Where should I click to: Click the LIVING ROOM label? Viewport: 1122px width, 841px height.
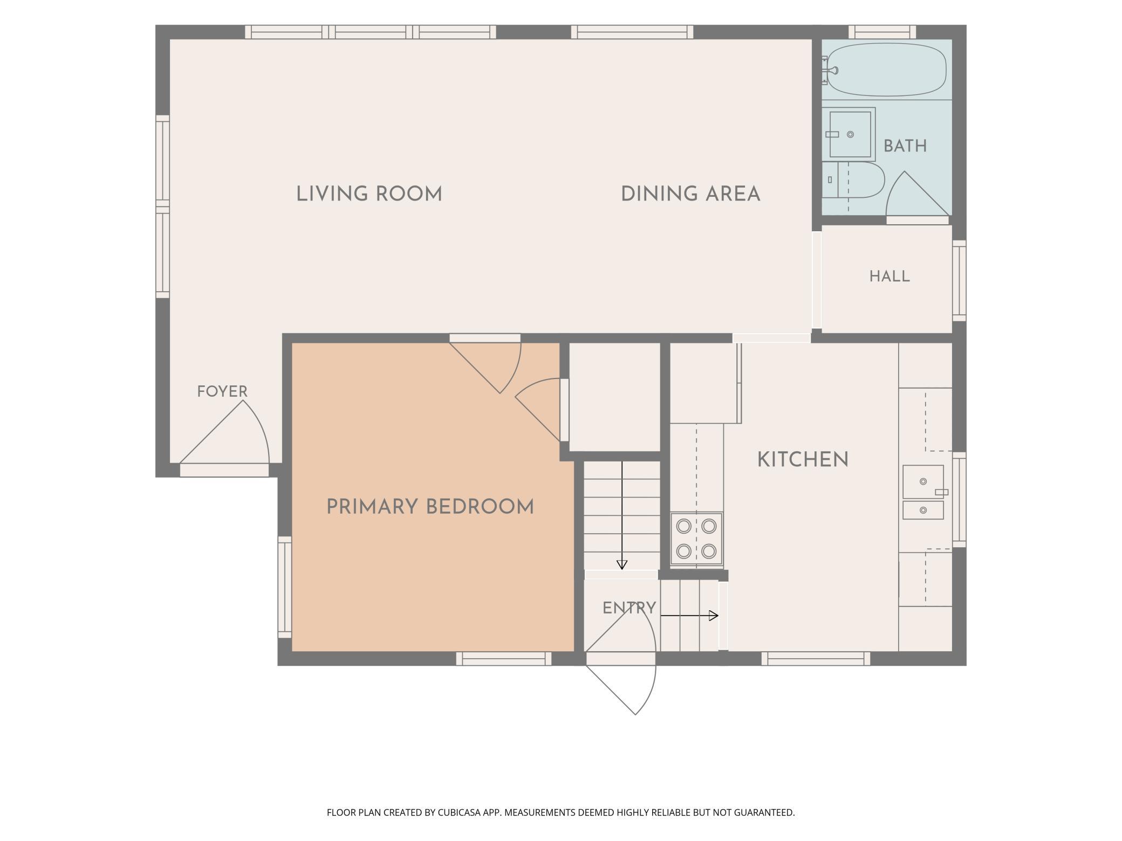[x=370, y=194]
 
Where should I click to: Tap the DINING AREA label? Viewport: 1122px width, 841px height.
[x=691, y=194]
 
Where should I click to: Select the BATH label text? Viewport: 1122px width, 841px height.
[x=905, y=146]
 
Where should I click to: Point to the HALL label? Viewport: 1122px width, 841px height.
[x=890, y=277]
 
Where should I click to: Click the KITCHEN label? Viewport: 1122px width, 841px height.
[x=803, y=460]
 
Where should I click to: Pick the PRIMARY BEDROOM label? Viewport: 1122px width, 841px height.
[x=430, y=507]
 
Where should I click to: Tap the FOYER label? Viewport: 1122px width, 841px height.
[x=222, y=391]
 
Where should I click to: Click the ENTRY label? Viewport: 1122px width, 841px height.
[x=630, y=608]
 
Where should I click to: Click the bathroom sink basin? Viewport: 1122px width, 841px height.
[x=850, y=134]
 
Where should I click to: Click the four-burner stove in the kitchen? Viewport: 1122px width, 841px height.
[x=696, y=539]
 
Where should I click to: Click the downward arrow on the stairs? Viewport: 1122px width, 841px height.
[x=622, y=515]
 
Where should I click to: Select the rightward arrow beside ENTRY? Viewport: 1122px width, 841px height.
[x=689, y=616]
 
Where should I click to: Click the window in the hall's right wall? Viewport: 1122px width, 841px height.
[x=959, y=280]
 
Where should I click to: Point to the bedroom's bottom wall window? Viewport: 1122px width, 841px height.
[x=504, y=658]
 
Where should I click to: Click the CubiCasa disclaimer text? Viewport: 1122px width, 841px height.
[x=561, y=812]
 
